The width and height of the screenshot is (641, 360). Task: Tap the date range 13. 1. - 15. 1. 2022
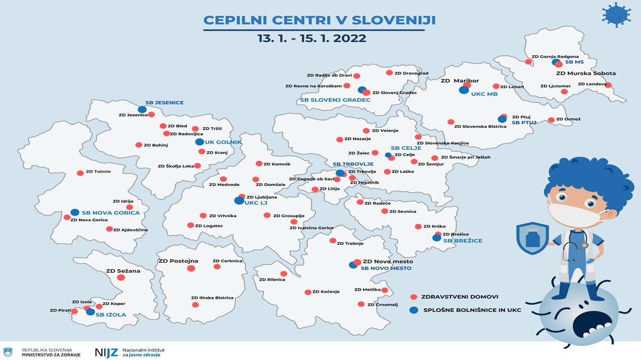312,39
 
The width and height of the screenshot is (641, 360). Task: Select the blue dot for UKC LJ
239,201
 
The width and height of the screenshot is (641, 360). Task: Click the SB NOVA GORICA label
111,213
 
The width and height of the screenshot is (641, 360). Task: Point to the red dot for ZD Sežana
121,278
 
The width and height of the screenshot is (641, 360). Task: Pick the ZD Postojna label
178,261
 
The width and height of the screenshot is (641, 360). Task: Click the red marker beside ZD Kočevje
308,292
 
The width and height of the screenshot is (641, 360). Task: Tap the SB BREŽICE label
463,241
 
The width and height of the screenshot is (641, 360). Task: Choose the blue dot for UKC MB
464,90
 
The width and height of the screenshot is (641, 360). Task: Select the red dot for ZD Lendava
608,85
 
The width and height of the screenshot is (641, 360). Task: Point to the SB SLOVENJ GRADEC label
335,100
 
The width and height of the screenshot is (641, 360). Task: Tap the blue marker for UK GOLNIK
200,142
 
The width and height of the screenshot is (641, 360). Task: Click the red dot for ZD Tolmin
80,173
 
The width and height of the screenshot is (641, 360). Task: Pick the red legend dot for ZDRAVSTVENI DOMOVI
414,297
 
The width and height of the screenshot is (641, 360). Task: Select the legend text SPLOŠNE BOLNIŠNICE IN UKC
472,310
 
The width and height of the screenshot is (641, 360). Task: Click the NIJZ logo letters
106,352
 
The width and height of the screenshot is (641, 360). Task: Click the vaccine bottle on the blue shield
532,238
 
